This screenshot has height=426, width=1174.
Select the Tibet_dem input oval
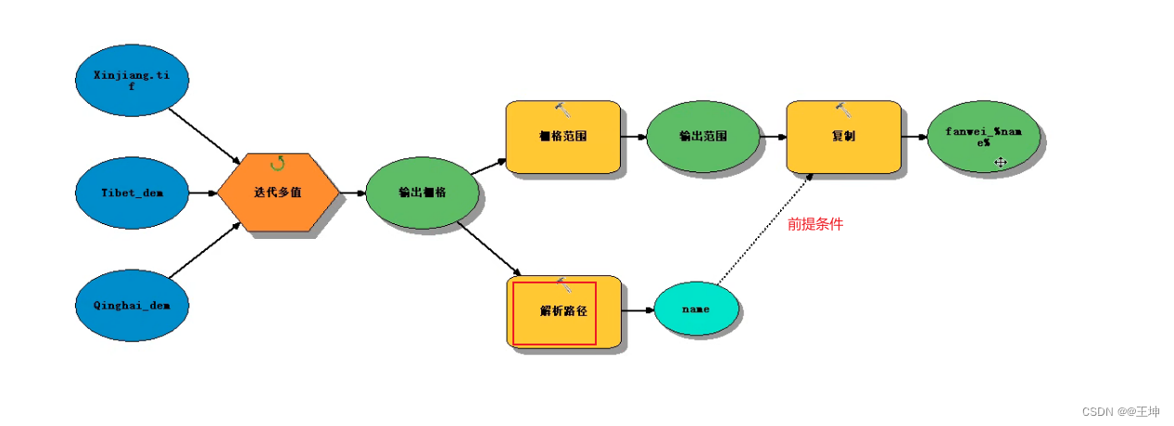(x=132, y=193)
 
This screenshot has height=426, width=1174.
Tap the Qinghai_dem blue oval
(x=132, y=304)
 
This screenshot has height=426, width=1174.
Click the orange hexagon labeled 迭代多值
(x=278, y=193)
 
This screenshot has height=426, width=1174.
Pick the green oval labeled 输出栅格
(x=423, y=193)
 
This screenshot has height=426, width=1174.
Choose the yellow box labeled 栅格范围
(x=562, y=136)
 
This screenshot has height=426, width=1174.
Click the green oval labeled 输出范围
(x=703, y=136)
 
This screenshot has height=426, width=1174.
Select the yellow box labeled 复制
(x=843, y=136)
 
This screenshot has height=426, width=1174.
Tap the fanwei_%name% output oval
(x=985, y=136)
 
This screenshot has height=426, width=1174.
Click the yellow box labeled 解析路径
(x=563, y=311)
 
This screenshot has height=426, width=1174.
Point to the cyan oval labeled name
(x=696, y=309)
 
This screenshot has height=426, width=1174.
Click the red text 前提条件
(x=815, y=224)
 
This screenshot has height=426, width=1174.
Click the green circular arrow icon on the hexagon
(x=277, y=163)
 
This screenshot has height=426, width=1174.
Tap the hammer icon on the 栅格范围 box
(x=562, y=109)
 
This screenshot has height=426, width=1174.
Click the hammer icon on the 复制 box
(x=843, y=109)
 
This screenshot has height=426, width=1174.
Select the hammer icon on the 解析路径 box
(x=562, y=284)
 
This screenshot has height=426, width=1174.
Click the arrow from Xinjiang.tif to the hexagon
(x=204, y=137)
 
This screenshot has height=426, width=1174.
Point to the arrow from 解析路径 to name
(x=637, y=310)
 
